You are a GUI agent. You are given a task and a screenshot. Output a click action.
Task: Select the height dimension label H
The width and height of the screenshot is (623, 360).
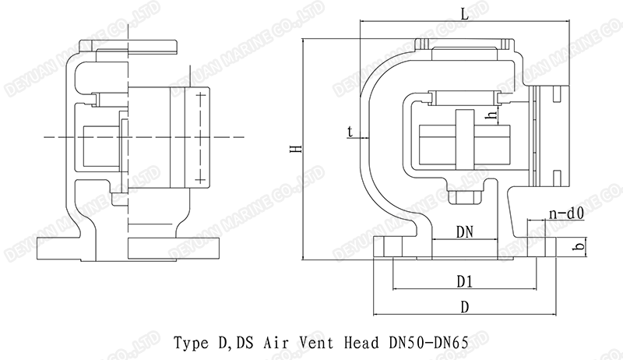coord(294,148)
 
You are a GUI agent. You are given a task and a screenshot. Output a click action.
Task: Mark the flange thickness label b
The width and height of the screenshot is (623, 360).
coord(577,247)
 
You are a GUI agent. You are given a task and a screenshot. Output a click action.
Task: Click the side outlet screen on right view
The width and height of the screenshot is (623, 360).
coord(534,136)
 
